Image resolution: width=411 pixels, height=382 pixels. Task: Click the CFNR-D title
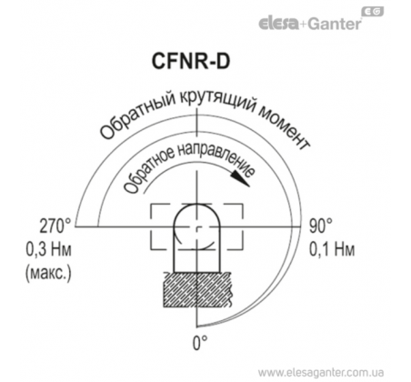point(191,62)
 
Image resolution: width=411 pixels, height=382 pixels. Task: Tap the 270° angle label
point(55,226)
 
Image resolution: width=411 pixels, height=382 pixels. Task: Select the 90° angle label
point(321,226)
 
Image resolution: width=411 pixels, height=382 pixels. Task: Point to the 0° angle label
point(200,343)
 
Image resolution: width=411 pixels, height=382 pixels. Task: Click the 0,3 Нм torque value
point(48,250)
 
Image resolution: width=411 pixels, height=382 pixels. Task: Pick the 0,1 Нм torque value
point(332,250)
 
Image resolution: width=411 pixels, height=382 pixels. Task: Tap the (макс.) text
point(48,274)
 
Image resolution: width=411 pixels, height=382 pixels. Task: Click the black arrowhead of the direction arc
point(240,179)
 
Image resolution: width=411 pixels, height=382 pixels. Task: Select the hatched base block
point(197,289)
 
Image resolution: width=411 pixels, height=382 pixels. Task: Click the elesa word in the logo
point(278,24)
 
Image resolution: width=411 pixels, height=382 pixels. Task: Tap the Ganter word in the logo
point(335,24)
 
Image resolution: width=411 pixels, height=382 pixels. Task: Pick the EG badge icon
point(373,12)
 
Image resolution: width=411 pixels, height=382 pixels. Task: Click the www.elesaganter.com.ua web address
point(321,372)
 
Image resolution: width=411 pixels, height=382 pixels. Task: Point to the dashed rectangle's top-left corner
point(151,205)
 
